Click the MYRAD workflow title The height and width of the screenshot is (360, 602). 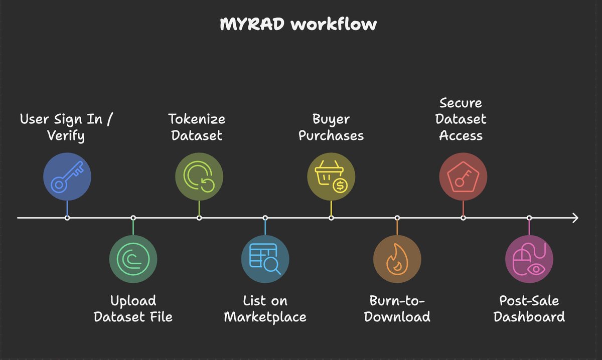tap(298, 24)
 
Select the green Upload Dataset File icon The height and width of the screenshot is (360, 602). tap(133, 259)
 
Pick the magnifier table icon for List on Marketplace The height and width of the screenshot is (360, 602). tap(265, 259)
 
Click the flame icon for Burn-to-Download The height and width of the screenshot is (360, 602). tap(397, 259)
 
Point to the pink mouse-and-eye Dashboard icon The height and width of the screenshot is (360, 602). tap(529, 259)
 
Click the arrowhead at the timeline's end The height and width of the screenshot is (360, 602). tap(575, 218)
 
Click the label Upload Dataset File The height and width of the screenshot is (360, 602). tap(133, 309)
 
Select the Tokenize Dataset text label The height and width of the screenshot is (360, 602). tap(196, 127)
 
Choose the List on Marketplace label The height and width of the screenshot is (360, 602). tap(265, 309)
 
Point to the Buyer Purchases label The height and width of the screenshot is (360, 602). tap(331, 127)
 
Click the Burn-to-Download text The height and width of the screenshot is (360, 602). tap(397, 309)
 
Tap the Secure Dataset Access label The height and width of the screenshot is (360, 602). tap(461, 119)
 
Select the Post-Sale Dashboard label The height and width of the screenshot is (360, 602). tap(529, 309)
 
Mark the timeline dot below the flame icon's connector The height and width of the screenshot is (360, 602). tap(397, 218)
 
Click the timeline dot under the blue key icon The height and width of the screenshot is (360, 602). tap(67, 218)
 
